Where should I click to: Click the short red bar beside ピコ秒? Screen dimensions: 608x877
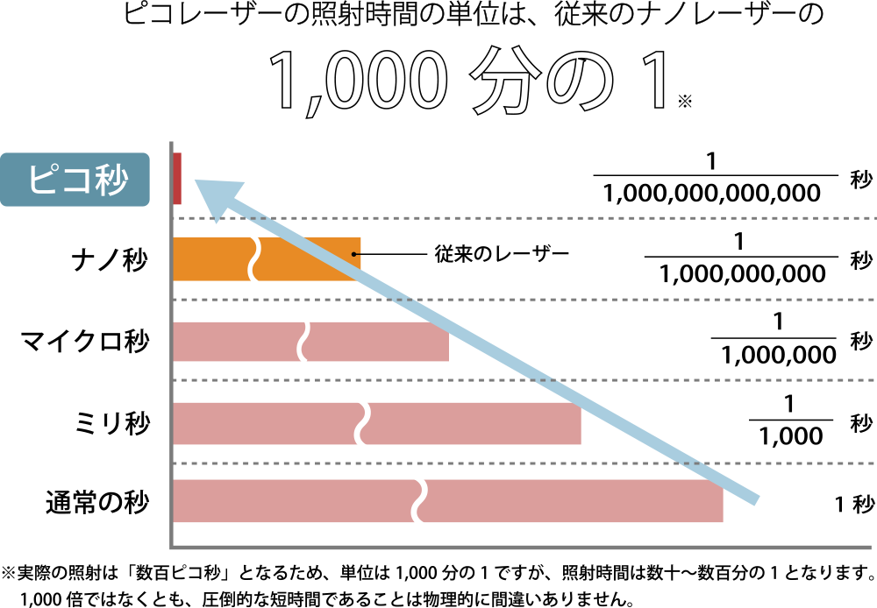click(x=177, y=178)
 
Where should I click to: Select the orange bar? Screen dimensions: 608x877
click(x=210, y=258)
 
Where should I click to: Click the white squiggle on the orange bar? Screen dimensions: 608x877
click(x=254, y=258)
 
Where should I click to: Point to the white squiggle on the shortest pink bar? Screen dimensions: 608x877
click(x=303, y=338)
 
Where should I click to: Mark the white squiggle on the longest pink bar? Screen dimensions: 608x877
click(x=419, y=501)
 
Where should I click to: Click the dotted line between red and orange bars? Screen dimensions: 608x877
click(x=526, y=218)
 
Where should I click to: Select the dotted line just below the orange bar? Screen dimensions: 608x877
click(x=614, y=300)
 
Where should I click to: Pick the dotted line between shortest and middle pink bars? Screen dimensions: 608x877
click(x=702, y=380)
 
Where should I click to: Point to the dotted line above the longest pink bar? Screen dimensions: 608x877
click(x=789, y=463)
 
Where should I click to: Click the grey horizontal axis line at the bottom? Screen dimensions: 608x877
click(x=526, y=548)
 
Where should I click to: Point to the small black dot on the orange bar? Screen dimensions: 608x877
click(x=353, y=254)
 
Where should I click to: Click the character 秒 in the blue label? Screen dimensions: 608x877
click(x=112, y=180)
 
